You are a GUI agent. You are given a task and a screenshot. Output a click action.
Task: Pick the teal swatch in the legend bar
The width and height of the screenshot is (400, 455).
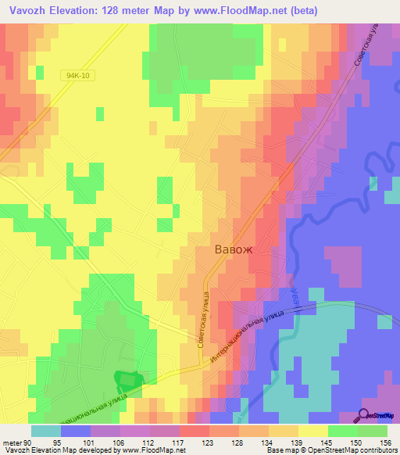(x=46, y=431)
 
